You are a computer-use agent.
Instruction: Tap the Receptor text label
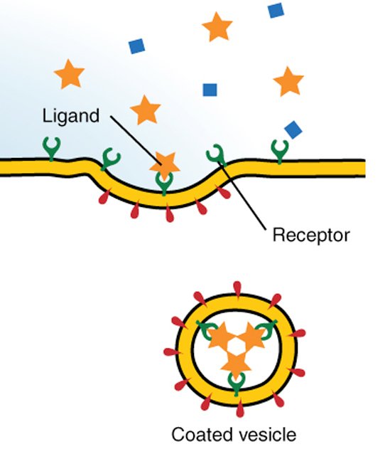311,235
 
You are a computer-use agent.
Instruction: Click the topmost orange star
217,28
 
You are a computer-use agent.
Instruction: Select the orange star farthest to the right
288,81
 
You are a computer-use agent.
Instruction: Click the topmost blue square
276,10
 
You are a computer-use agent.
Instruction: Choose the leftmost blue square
136,46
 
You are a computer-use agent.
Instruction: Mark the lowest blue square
292,129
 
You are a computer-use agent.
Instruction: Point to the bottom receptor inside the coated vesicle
234,384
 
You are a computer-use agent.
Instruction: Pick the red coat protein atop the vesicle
235,288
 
